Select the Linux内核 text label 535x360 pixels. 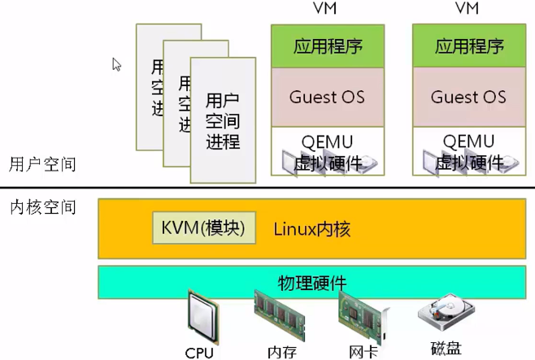pos(311,229)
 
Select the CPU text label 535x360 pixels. pos(199,353)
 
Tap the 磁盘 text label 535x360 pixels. pos(446,349)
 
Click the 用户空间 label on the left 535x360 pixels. pos(42,164)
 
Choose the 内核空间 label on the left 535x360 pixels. pos(42,207)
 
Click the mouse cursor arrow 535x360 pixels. pos(116,64)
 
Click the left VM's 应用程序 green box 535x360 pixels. pos(326,46)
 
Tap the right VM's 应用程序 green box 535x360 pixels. pos(468,46)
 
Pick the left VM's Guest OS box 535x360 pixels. pos(326,98)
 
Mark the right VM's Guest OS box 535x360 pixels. pos(468,98)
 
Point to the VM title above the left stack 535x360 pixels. pos(326,9)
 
